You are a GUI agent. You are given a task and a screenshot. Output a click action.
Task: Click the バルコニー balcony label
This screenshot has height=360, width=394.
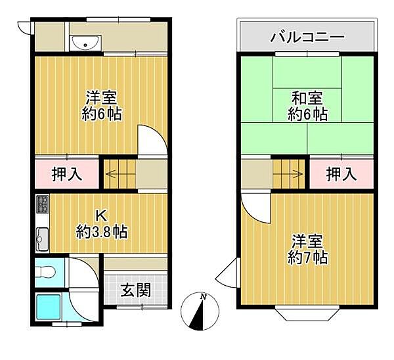coord(307,36)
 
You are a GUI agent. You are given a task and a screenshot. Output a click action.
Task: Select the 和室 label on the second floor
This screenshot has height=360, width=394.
coord(307,99)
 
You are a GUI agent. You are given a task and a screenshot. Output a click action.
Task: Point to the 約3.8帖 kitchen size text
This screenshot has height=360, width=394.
coord(101,231)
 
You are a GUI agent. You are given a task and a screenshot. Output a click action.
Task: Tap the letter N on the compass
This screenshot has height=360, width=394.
coord(204,298)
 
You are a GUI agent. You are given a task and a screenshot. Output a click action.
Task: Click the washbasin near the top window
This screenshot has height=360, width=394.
coord(85,43)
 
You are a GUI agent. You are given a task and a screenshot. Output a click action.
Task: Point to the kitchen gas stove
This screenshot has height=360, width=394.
coord(41,205)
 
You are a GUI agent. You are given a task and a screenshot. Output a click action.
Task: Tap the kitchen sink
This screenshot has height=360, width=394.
coord(41,239)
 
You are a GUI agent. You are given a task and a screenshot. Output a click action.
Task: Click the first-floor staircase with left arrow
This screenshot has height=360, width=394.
coord(119,174)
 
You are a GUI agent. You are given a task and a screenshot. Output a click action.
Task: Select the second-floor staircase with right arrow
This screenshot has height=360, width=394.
coord(290,174)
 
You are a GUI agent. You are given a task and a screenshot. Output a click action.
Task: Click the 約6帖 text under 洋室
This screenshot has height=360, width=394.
coord(101,114)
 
